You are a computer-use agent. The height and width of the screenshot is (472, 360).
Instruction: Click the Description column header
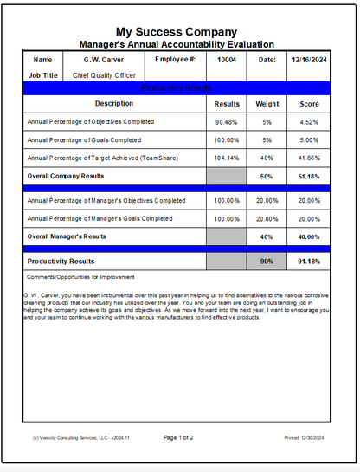click(114, 103)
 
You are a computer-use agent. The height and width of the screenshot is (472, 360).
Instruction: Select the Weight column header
click(267, 103)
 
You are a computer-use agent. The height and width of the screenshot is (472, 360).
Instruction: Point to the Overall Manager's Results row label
click(67, 236)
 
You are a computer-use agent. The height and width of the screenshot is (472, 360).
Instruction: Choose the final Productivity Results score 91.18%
click(311, 261)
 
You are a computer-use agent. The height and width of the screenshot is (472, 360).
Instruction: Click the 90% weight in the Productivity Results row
click(267, 261)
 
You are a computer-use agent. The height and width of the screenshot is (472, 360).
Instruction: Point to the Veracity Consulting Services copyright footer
click(80, 438)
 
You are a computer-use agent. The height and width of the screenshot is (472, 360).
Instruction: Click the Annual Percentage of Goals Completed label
click(84, 139)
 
